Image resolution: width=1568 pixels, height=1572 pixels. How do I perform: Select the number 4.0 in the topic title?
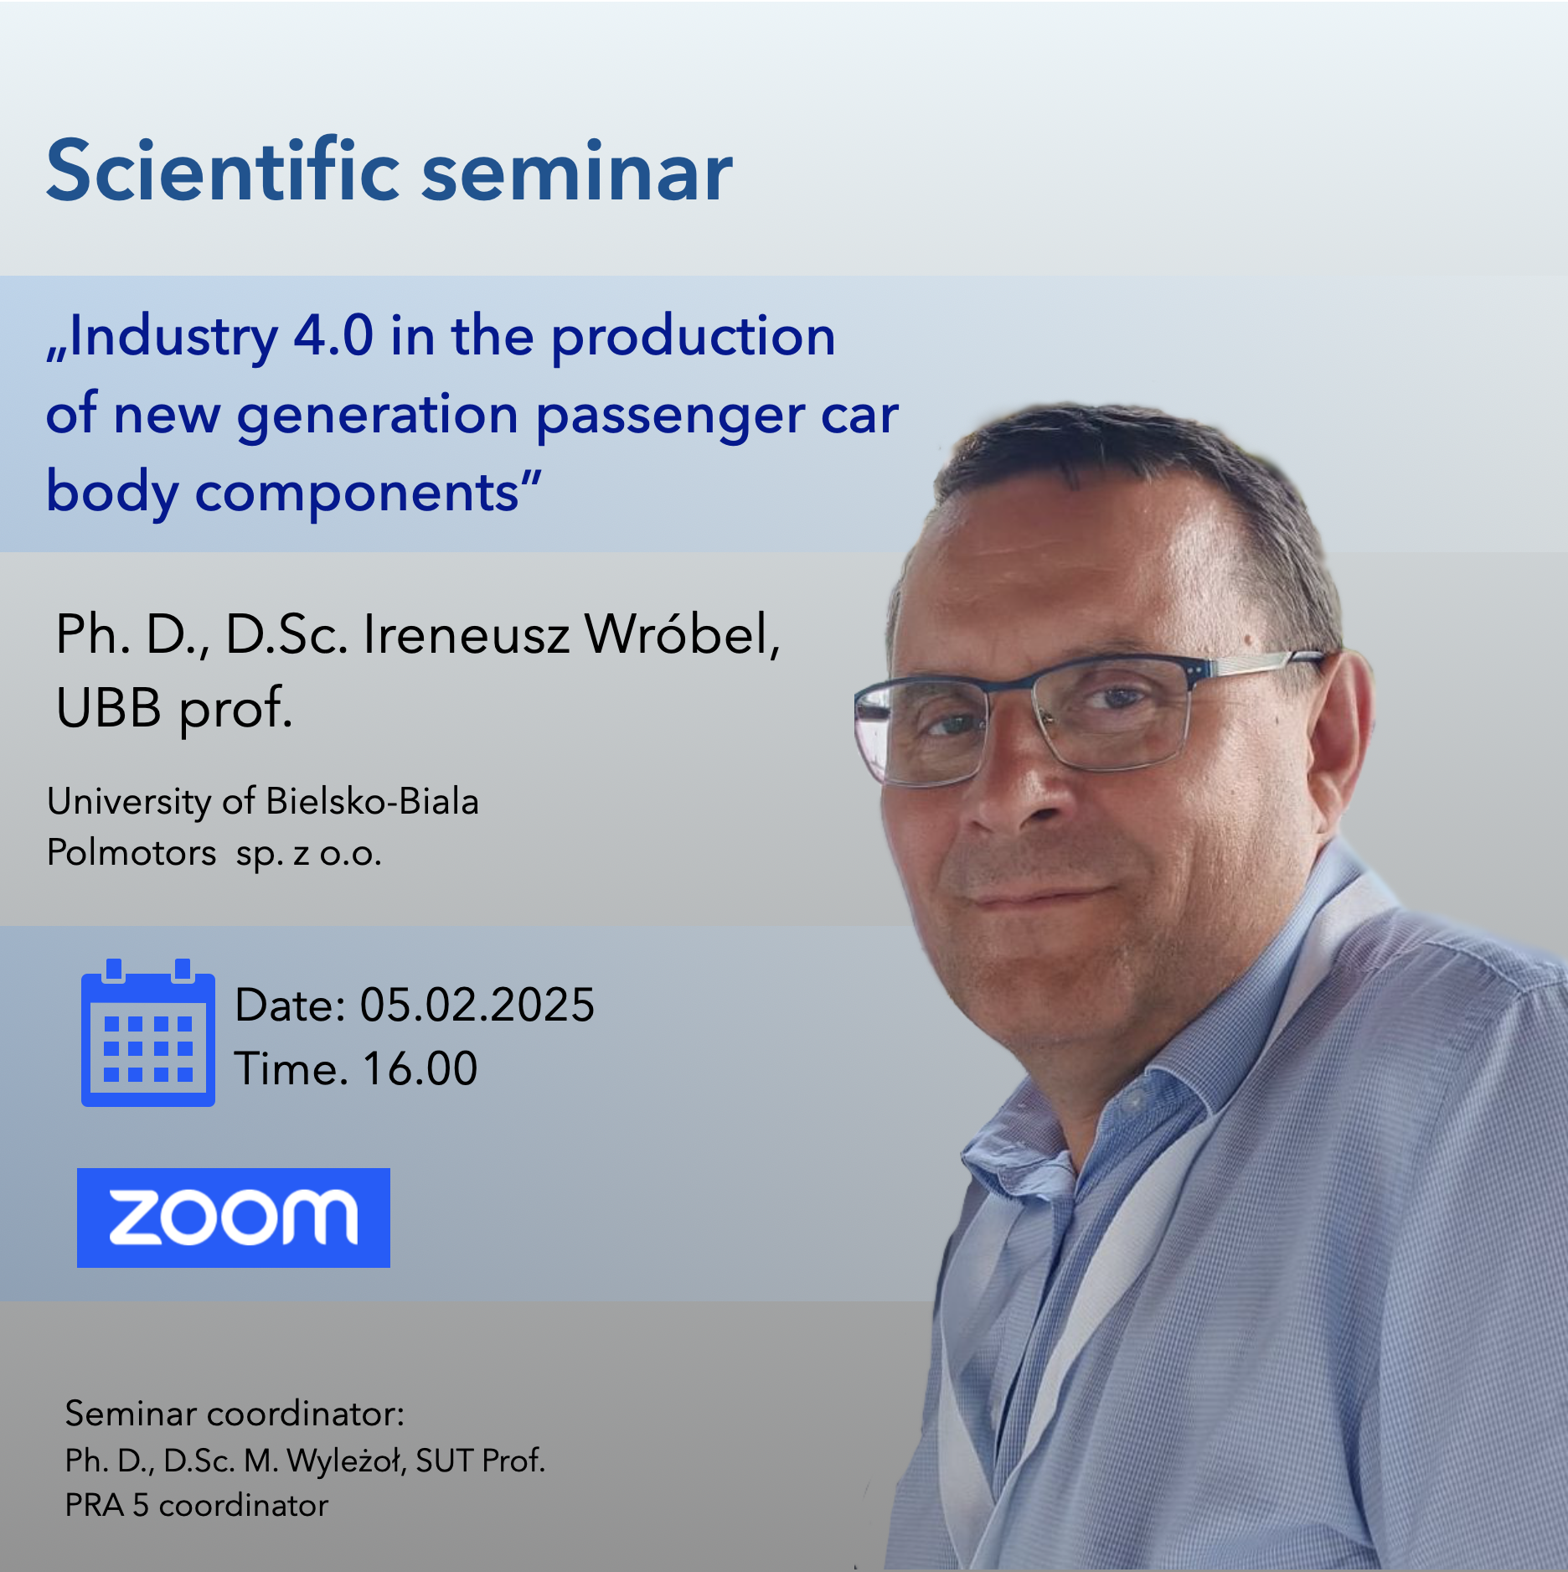pos(333,336)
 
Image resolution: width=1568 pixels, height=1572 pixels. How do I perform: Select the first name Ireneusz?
pos(467,634)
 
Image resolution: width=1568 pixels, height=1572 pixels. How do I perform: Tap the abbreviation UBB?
pos(109,707)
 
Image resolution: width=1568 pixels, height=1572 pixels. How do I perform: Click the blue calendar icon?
pos(148,1032)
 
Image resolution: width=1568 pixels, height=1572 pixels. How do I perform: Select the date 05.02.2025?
pos(477,1005)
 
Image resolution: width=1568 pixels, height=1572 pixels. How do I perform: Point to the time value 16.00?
pos(420,1069)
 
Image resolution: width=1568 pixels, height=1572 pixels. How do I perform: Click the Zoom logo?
pos(234,1218)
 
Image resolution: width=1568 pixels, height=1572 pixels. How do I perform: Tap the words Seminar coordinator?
pos(235,1414)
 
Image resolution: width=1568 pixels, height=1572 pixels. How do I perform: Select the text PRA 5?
pos(107,1506)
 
